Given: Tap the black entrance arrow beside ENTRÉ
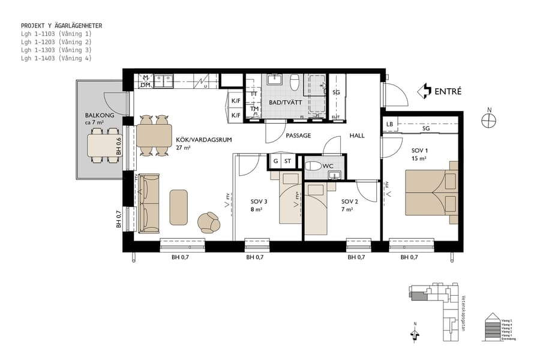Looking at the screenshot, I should (x=424, y=91).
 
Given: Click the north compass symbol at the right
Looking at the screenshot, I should (x=489, y=120).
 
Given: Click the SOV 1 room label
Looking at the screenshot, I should (x=419, y=150).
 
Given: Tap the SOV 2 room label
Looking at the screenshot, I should (x=350, y=202).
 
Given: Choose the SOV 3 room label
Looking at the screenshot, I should (x=259, y=202).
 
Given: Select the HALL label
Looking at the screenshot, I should (x=357, y=136).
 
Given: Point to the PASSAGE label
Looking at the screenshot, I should (x=298, y=136).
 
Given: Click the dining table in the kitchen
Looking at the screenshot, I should (x=154, y=137).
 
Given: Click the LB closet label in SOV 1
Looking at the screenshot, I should (x=390, y=125).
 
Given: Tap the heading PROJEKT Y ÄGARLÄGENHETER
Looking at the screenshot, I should (x=61, y=26).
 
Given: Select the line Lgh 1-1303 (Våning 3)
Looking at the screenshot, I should (x=56, y=50).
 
